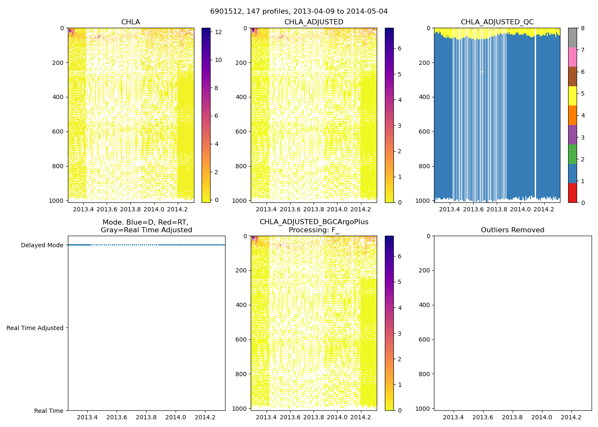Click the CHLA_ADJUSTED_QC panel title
(497, 22)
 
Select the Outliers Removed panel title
(513, 230)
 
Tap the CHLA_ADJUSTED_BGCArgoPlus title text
(314, 222)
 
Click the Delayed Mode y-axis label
(42, 245)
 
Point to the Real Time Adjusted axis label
(35, 328)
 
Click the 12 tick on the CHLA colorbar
(218, 32)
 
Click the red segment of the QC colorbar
(572, 193)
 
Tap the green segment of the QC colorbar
(572, 154)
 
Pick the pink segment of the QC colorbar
(572, 57)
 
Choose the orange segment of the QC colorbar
(572, 115)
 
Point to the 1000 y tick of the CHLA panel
(57, 200)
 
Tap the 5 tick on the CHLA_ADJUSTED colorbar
(400, 74)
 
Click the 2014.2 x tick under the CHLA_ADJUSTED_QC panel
(544, 209)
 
